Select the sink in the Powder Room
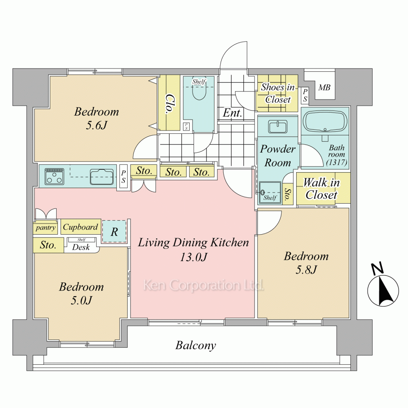[x=278, y=127]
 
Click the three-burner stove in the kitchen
[x=54, y=177]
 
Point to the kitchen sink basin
[x=102, y=177]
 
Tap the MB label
[x=324, y=87]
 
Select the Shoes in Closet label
[x=277, y=93]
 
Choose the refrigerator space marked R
[x=114, y=232]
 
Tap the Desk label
[x=81, y=247]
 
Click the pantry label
[x=46, y=228]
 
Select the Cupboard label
[x=80, y=227]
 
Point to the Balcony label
[x=196, y=346]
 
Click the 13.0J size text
[x=193, y=257]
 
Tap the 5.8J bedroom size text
[x=306, y=270]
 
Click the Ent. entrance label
[x=233, y=113]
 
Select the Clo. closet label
[x=169, y=104]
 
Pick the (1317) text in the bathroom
[x=337, y=162]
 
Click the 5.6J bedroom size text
[x=97, y=126]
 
